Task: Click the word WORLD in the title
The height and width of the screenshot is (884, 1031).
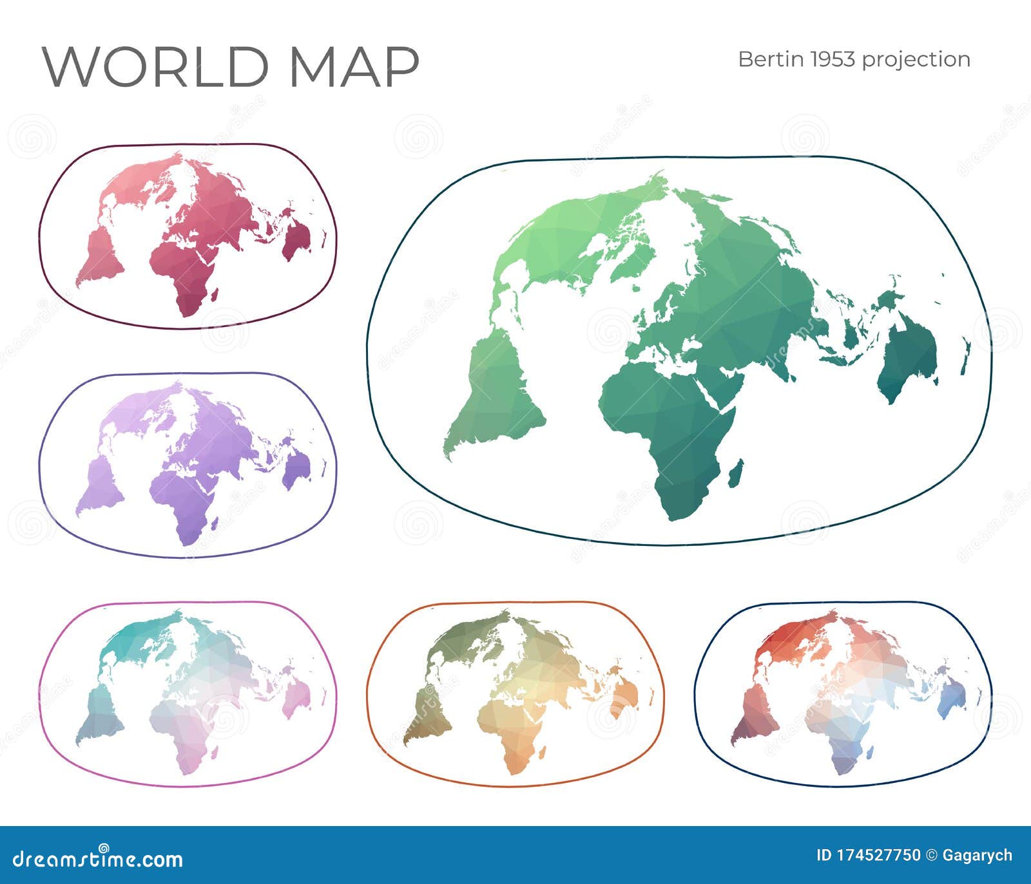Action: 155,66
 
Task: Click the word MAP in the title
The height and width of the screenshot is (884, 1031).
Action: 354,66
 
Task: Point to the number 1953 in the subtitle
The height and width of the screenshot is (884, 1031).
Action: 833,59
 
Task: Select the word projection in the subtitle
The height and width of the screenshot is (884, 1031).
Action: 916,60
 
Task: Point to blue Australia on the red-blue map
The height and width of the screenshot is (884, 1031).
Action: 952,702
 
